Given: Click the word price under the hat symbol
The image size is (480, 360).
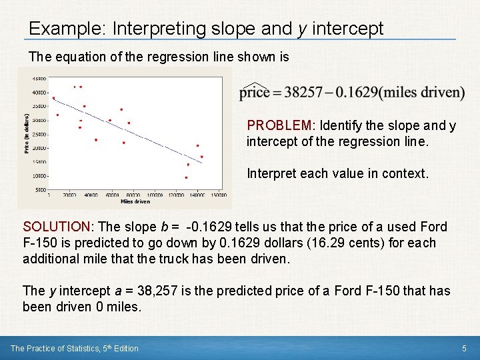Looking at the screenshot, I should pos(254,93).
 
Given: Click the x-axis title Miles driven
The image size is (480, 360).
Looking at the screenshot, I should pos(135,201).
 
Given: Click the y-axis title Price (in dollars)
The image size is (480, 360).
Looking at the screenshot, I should pos(27,133).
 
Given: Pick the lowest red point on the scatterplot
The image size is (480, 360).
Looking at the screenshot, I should pos(186,178).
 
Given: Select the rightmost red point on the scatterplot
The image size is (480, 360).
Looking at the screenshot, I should pos(202,157).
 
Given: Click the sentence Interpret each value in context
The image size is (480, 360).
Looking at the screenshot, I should pos(337,173).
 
